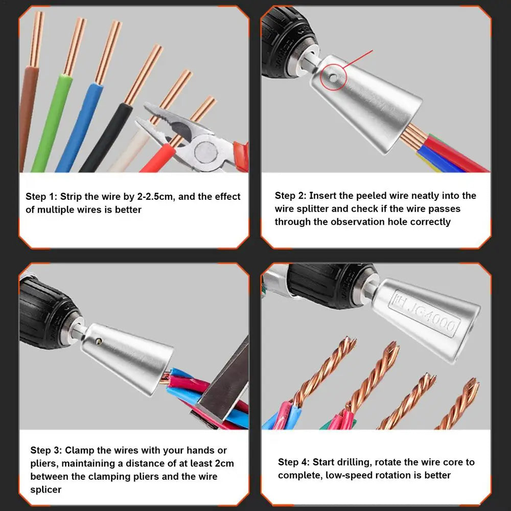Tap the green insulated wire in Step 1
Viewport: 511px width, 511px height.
tap(52, 123)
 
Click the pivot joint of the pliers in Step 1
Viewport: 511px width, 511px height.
tap(205, 152)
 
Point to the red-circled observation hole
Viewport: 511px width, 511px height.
tap(332, 78)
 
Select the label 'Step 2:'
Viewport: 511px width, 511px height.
tap(290, 196)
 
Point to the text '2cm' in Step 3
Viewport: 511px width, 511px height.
tap(224, 463)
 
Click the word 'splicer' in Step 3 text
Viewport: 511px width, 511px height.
tap(46, 490)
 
